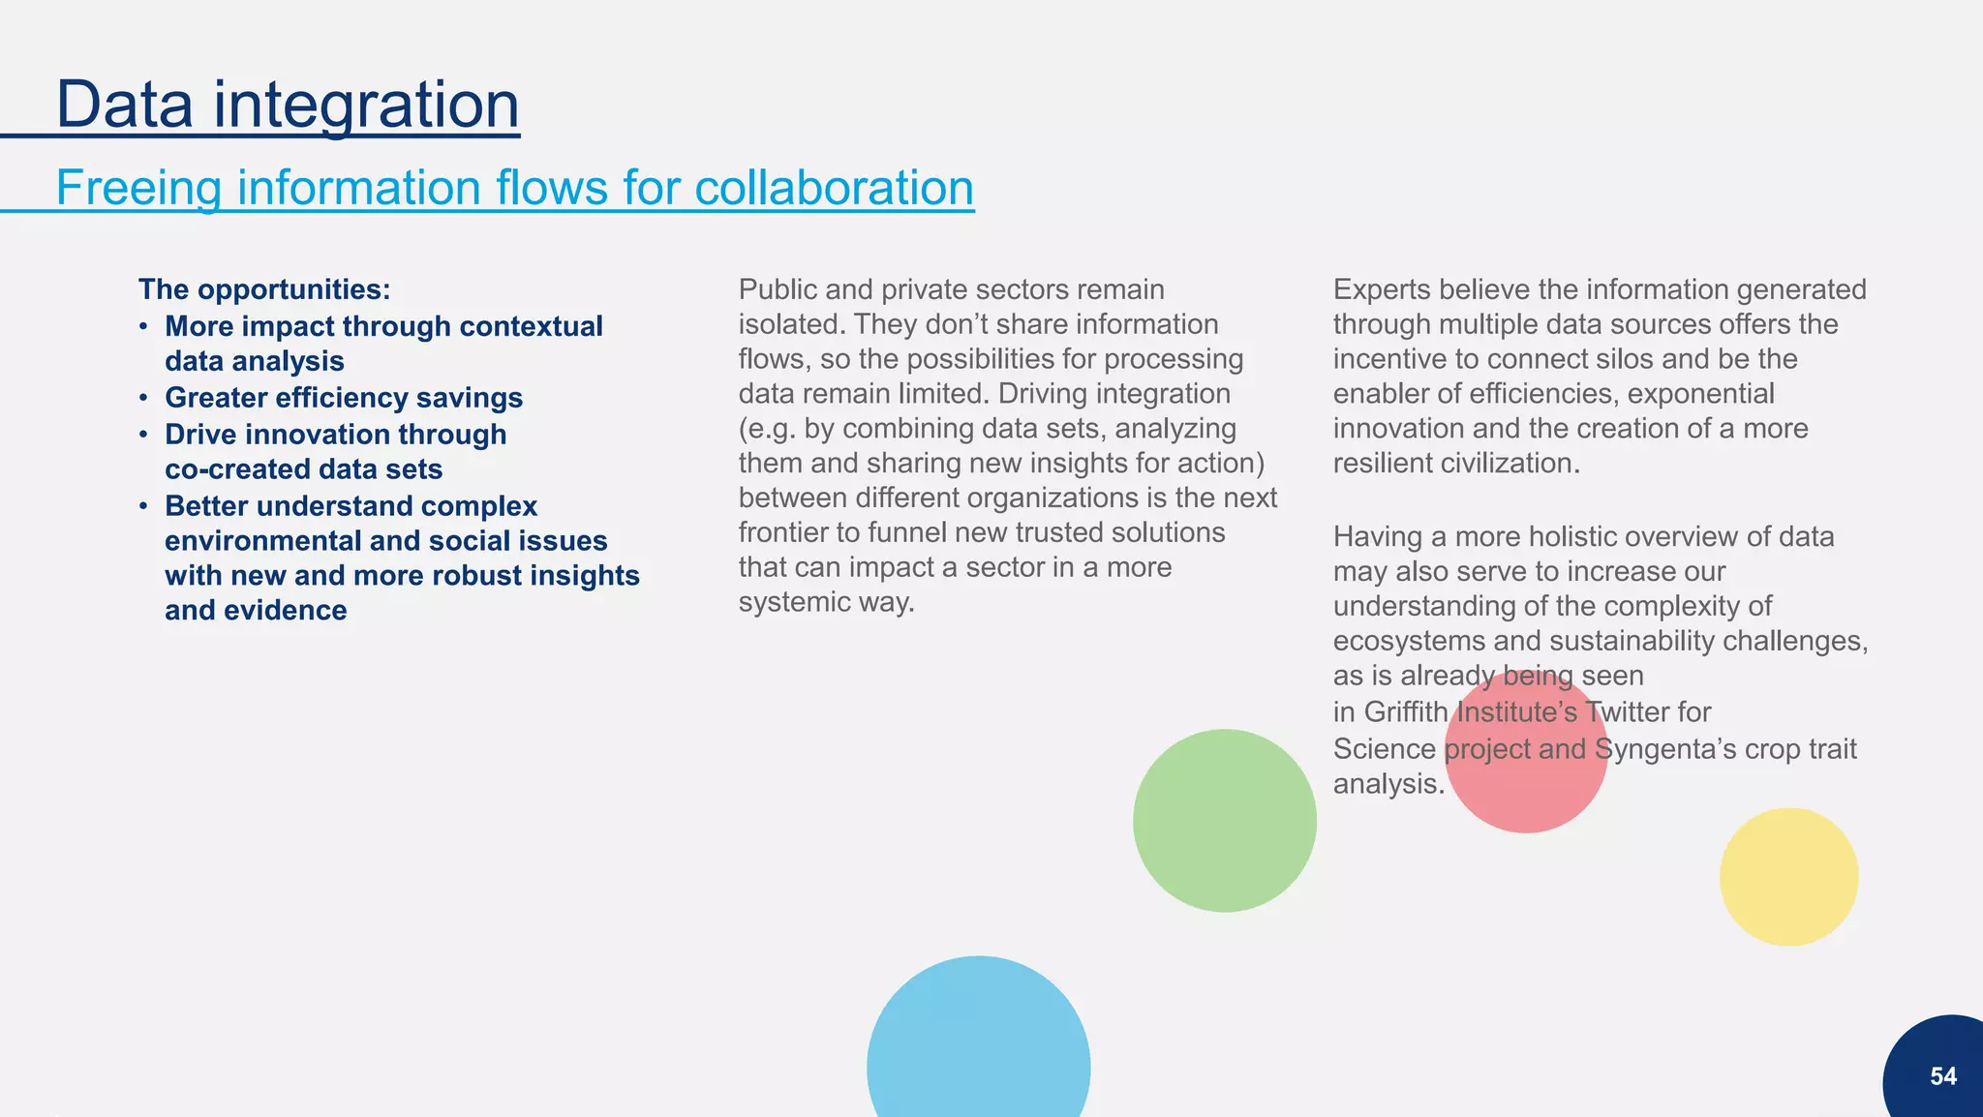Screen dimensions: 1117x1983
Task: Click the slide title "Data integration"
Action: [288, 104]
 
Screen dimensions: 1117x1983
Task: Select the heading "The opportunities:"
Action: [264, 289]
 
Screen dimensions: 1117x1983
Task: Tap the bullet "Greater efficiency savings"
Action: [344, 398]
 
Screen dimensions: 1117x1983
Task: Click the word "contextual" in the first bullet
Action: [531, 326]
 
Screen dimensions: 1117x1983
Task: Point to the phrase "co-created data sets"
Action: [303, 469]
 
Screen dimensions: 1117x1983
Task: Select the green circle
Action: [1224, 820]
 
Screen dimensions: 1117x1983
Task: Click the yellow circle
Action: [1788, 877]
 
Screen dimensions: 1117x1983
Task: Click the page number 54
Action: [1942, 1076]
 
